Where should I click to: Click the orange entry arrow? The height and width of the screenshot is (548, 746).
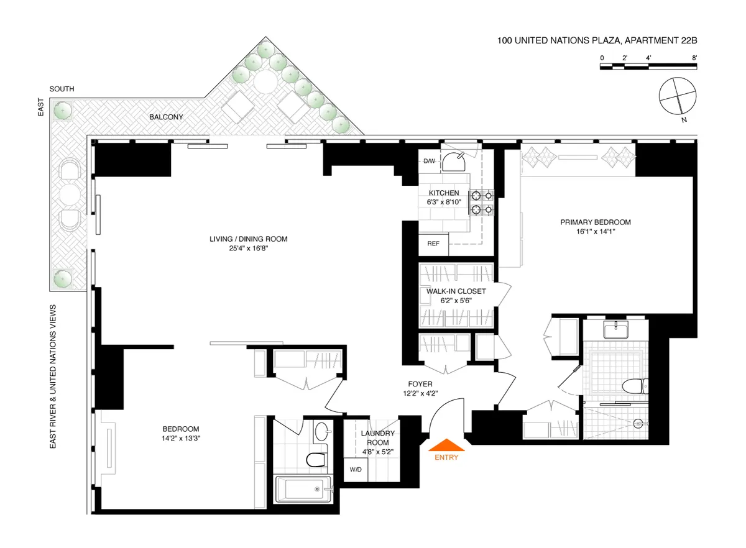[x=447, y=444]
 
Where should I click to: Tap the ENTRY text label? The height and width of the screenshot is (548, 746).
[x=447, y=458]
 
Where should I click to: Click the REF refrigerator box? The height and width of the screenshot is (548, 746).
[x=433, y=244]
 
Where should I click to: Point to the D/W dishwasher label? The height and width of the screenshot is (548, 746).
[x=430, y=162]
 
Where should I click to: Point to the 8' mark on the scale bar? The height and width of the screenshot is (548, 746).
[x=694, y=58]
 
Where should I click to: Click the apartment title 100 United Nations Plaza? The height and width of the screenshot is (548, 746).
[x=597, y=41]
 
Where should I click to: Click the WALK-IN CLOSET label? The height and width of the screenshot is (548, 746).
[x=456, y=291]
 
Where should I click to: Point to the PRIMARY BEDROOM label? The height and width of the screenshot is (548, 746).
[x=596, y=222]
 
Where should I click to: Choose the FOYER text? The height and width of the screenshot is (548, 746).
[x=420, y=385]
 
